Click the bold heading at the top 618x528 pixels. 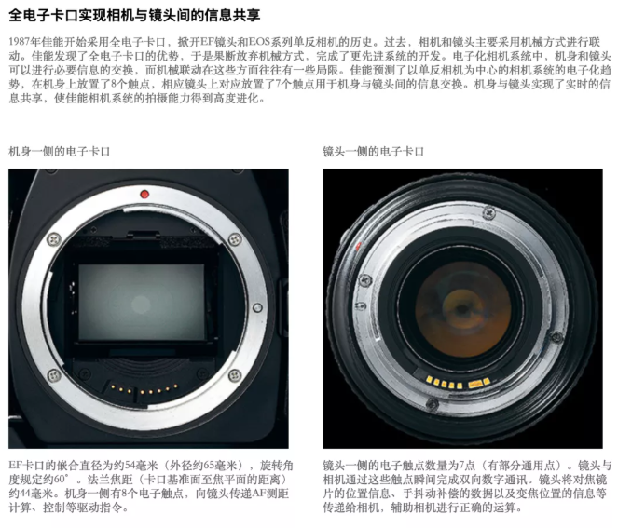[x=134, y=15]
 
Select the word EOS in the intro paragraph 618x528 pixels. [x=258, y=42]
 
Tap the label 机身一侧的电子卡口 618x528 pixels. [x=59, y=152]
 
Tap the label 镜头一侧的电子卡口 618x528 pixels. [x=373, y=152]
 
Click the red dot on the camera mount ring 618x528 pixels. [x=144, y=194]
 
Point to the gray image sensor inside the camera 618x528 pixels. [x=142, y=302]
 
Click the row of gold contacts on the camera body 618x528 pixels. [x=144, y=390]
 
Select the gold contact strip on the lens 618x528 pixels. [x=458, y=383]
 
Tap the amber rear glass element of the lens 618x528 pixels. [x=462, y=310]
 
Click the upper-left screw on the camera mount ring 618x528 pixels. [x=54, y=239]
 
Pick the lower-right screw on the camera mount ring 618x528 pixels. [x=235, y=375]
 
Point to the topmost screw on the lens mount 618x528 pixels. [x=489, y=213]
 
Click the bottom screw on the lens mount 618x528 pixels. [x=433, y=403]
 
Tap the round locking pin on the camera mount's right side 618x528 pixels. [x=257, y=307]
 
